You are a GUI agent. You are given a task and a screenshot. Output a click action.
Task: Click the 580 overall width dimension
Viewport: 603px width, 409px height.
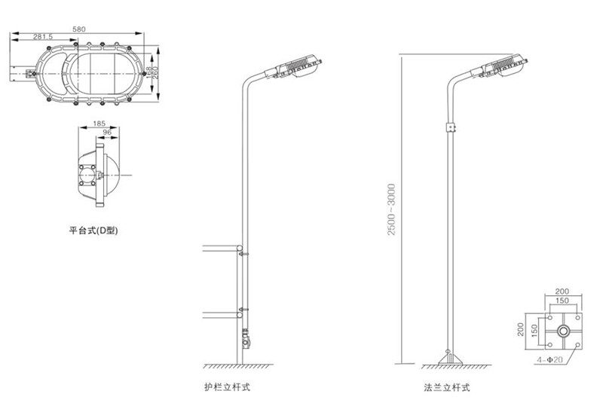click(78, 28)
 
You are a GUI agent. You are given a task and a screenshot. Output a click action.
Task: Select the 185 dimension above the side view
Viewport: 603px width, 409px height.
click(99, 122)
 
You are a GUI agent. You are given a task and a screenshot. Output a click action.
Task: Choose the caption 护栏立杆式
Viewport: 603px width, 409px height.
click(227, 389)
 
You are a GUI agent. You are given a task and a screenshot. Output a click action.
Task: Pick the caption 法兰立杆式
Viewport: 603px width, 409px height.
click(447, 389)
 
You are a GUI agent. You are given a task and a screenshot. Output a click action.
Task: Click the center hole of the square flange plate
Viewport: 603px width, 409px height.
click(562, 331)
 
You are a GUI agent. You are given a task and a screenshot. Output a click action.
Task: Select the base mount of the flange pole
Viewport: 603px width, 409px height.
click(449, 359)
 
